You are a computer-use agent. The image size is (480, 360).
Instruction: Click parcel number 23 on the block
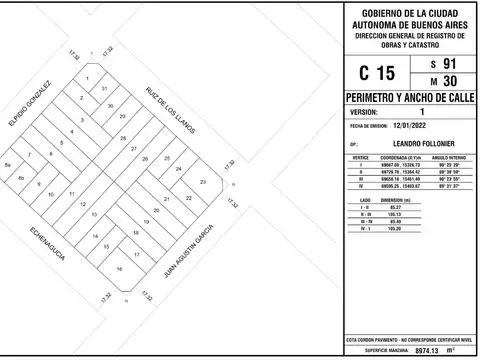(x=203, y=182)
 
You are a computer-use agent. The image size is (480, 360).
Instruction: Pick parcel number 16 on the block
(x=119, y=269)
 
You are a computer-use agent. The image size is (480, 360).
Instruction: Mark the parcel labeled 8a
(x=8, y=164)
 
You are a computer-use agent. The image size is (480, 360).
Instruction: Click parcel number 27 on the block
(x=133, y=147)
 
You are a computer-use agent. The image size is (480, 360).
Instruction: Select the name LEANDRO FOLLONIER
(x=410, y=146)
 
